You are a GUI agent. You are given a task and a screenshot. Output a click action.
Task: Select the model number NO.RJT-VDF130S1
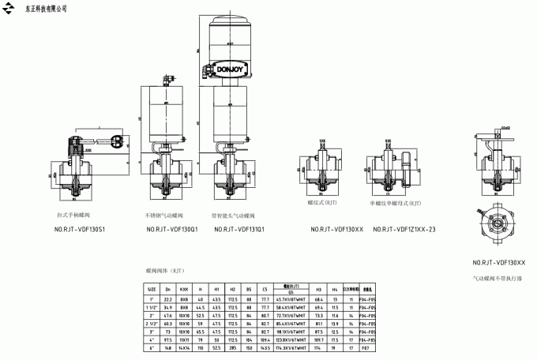(x=79, y=230)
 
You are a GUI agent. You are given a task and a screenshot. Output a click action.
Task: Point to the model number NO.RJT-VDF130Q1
(x=172, y=230)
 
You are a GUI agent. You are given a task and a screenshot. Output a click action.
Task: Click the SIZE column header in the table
(x=152, y=289)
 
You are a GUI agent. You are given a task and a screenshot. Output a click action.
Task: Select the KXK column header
(x=183, y=289)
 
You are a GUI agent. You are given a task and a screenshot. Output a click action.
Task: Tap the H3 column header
(x=318, y=289)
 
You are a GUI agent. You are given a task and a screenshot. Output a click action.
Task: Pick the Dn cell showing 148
(x=167, y=347)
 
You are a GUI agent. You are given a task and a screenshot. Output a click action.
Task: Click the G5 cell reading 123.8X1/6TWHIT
(x=291, y=339)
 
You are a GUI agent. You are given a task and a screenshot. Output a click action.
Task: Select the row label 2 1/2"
(x=152, y=323)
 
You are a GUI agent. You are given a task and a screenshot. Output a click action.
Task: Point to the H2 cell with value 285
(x=232, y=347)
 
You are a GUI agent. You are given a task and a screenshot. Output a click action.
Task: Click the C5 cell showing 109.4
(x=265, y=339)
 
